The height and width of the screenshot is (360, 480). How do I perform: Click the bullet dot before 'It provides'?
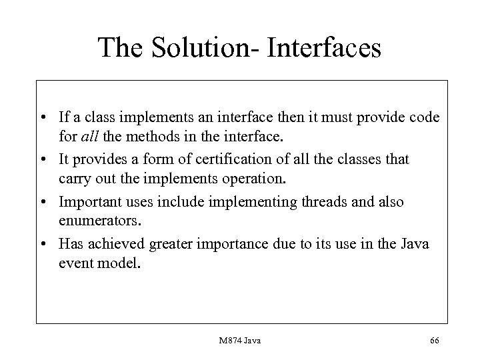(49, 160)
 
